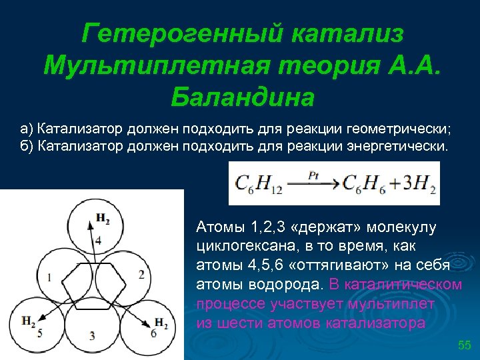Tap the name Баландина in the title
241,97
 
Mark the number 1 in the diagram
49,276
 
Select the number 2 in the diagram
141,274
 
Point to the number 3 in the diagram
92,334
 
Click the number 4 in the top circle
98,240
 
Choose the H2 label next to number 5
29,322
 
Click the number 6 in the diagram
153,333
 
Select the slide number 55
464,345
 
